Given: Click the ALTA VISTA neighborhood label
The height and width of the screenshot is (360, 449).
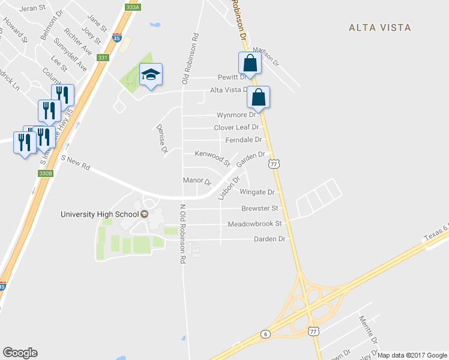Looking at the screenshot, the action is [381, 28].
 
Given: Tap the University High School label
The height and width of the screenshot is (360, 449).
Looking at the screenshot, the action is [100, 214].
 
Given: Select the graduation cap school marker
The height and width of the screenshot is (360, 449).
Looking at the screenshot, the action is [151, 75].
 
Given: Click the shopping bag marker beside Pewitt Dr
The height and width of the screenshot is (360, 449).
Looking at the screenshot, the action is [250, 62].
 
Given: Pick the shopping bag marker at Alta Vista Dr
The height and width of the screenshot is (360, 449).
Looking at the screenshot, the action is [258, 97].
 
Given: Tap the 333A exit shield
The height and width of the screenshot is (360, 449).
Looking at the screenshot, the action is [133, 7].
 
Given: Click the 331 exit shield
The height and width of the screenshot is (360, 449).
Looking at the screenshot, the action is [103, 58].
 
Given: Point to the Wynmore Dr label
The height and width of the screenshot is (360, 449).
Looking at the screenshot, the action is [240, 115].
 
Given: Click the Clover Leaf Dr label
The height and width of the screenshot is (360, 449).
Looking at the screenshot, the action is [237, 127].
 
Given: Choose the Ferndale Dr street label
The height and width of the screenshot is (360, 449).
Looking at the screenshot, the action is [244, 140].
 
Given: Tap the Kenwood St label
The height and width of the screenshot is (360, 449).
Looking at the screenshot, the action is [212, 158].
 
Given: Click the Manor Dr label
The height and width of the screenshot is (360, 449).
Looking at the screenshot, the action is [197, 181].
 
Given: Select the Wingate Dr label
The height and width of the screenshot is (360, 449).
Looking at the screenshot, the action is [257, 193].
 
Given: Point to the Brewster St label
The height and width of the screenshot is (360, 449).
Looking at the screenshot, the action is [260, 208].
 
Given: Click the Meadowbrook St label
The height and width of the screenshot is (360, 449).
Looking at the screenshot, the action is [255, 224].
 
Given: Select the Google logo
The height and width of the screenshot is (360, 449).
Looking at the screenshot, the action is [20, 353].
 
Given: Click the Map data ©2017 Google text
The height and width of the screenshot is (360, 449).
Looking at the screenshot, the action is [412, 355].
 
